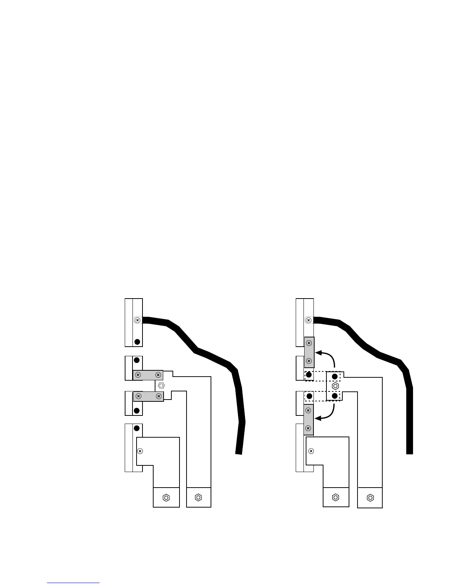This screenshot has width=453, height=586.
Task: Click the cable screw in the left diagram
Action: click(137, 320)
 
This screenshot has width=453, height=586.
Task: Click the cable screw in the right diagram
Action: click(308, 320)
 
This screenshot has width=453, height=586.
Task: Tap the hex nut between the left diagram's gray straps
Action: click(161, 385)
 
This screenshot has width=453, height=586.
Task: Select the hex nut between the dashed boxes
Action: click(335, 386)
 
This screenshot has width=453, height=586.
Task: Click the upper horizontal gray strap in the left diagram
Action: click(148, 375)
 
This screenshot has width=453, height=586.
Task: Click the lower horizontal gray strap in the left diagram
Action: click(148, 397)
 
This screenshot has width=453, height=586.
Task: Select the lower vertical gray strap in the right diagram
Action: click(309, 420)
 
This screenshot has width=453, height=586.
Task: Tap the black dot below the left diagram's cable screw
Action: click(137, 341)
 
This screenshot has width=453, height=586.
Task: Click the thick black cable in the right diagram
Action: click(381, 355)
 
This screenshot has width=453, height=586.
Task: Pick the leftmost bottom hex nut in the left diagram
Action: click(166, 498)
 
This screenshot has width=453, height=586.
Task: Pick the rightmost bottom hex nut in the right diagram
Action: click(370, 498)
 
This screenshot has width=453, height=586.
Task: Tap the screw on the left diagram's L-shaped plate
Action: click(140, 451)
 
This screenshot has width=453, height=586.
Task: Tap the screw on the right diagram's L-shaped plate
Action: click(311, 451)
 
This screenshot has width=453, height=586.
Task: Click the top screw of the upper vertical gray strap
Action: click(309, 343)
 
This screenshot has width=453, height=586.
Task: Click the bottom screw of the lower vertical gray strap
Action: click(309, 428)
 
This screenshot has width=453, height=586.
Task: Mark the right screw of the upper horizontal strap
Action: click(158, 375)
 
